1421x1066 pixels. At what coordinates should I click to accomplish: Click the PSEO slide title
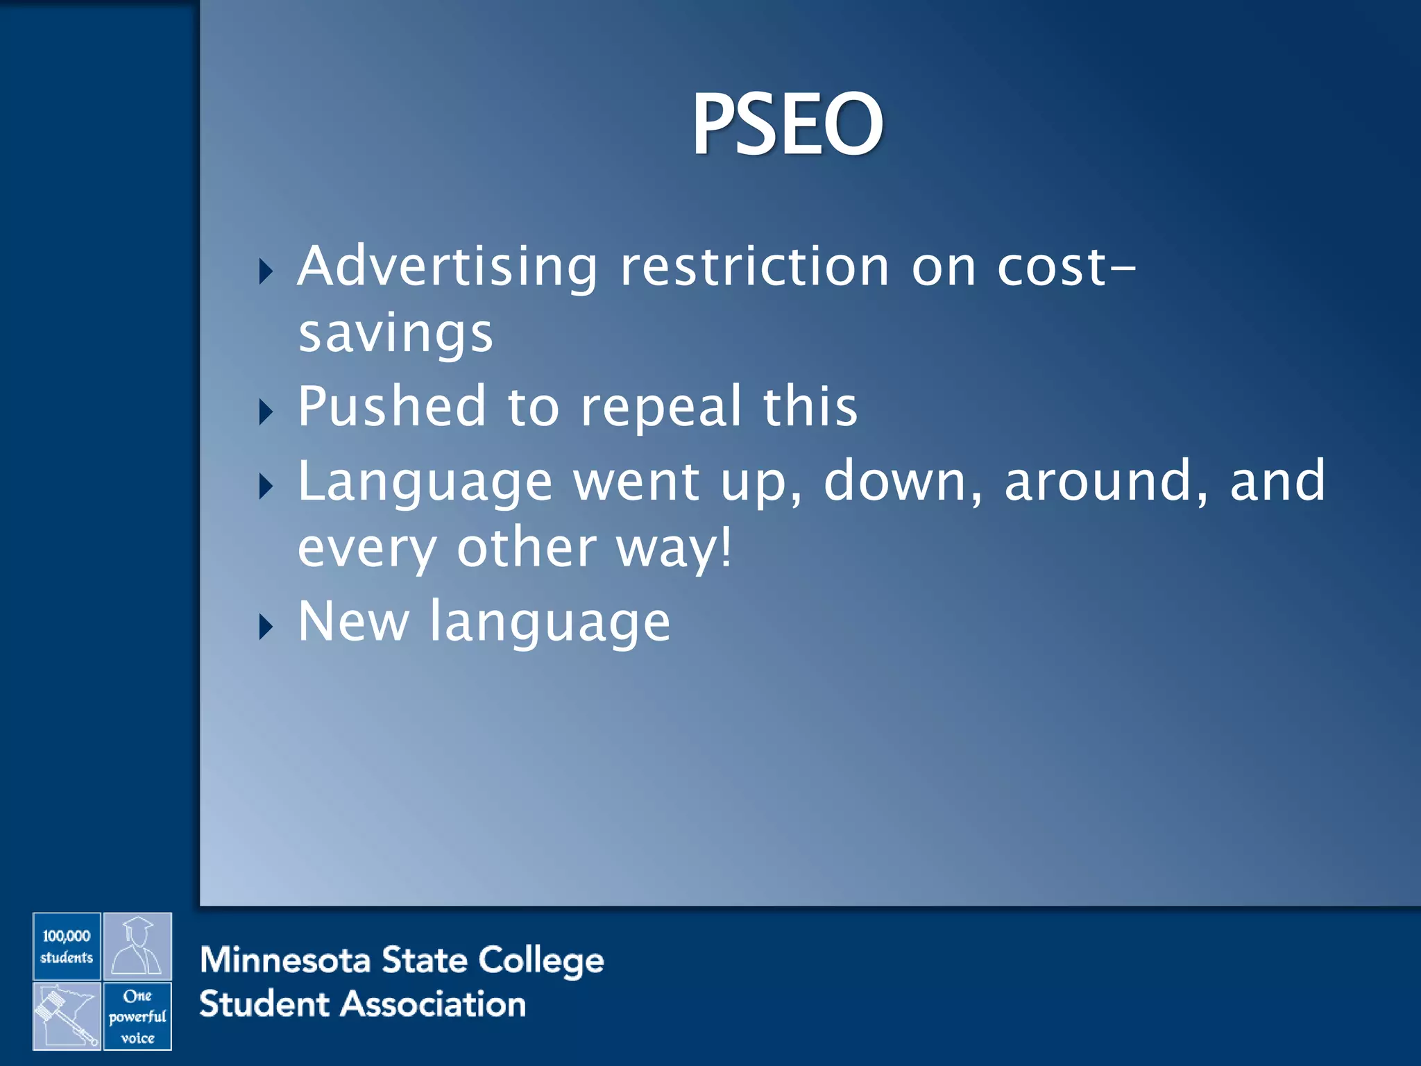coord(788,125)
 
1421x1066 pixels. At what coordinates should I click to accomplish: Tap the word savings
coord(395,334)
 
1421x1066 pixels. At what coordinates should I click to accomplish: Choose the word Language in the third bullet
coord(425,482)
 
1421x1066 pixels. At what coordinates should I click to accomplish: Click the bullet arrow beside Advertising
coord(266,271)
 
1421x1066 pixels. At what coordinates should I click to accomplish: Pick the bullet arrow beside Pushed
coord(266,412)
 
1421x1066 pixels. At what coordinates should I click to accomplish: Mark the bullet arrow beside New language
coord(266,627)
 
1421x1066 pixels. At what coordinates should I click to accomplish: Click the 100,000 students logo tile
coord(67,946)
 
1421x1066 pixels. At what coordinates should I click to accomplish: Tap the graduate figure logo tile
coord(137,946)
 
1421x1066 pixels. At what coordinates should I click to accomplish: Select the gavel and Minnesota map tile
coord(67,1016)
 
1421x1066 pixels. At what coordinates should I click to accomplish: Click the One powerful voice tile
coord(137,1016)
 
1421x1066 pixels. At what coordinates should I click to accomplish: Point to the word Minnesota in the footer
coord(284,961)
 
